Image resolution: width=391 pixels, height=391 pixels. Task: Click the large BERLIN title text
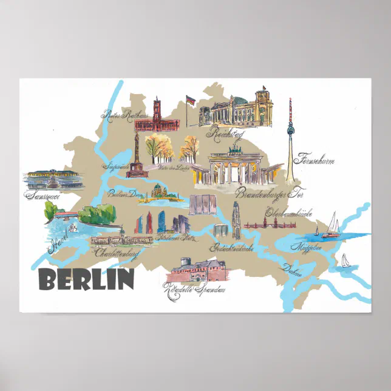86,279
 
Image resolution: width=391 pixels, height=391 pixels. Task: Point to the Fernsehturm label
314,161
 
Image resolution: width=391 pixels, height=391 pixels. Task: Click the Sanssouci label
44,195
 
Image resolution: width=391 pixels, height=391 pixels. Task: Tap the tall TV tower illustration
290,140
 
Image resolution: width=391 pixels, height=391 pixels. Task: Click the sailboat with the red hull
331,225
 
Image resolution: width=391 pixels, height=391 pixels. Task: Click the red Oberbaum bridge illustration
270,225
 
